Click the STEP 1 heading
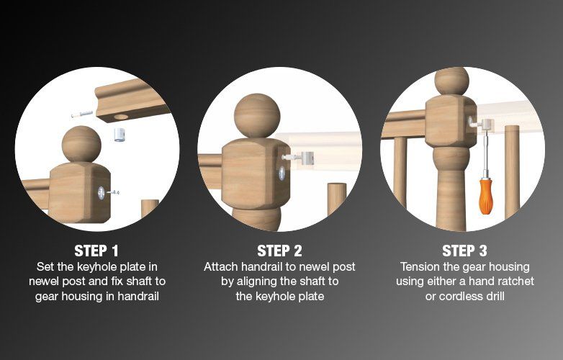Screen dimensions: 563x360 click(96, 251)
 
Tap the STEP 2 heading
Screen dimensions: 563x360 click(280, 251)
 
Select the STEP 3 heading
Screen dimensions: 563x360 click(464, 251)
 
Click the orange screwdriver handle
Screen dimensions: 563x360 click(486, 197)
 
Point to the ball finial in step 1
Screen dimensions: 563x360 click(81, 144)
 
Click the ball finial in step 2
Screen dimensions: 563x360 click(257, 116)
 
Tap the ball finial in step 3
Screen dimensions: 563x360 click(451, 81)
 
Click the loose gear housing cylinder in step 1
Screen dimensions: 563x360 click(120, 135)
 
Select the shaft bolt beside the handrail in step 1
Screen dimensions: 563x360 click(82, 114)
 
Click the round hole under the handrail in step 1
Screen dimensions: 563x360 click(121, 117)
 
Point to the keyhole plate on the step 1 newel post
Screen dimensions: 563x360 click(102, 193)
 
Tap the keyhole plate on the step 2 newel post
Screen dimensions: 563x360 click(281, 173)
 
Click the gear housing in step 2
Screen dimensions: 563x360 click(307, 158)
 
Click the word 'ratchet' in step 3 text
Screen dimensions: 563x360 click(513, 281)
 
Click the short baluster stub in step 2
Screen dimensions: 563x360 click(337, 199)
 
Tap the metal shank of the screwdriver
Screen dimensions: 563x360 click(486, 155)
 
